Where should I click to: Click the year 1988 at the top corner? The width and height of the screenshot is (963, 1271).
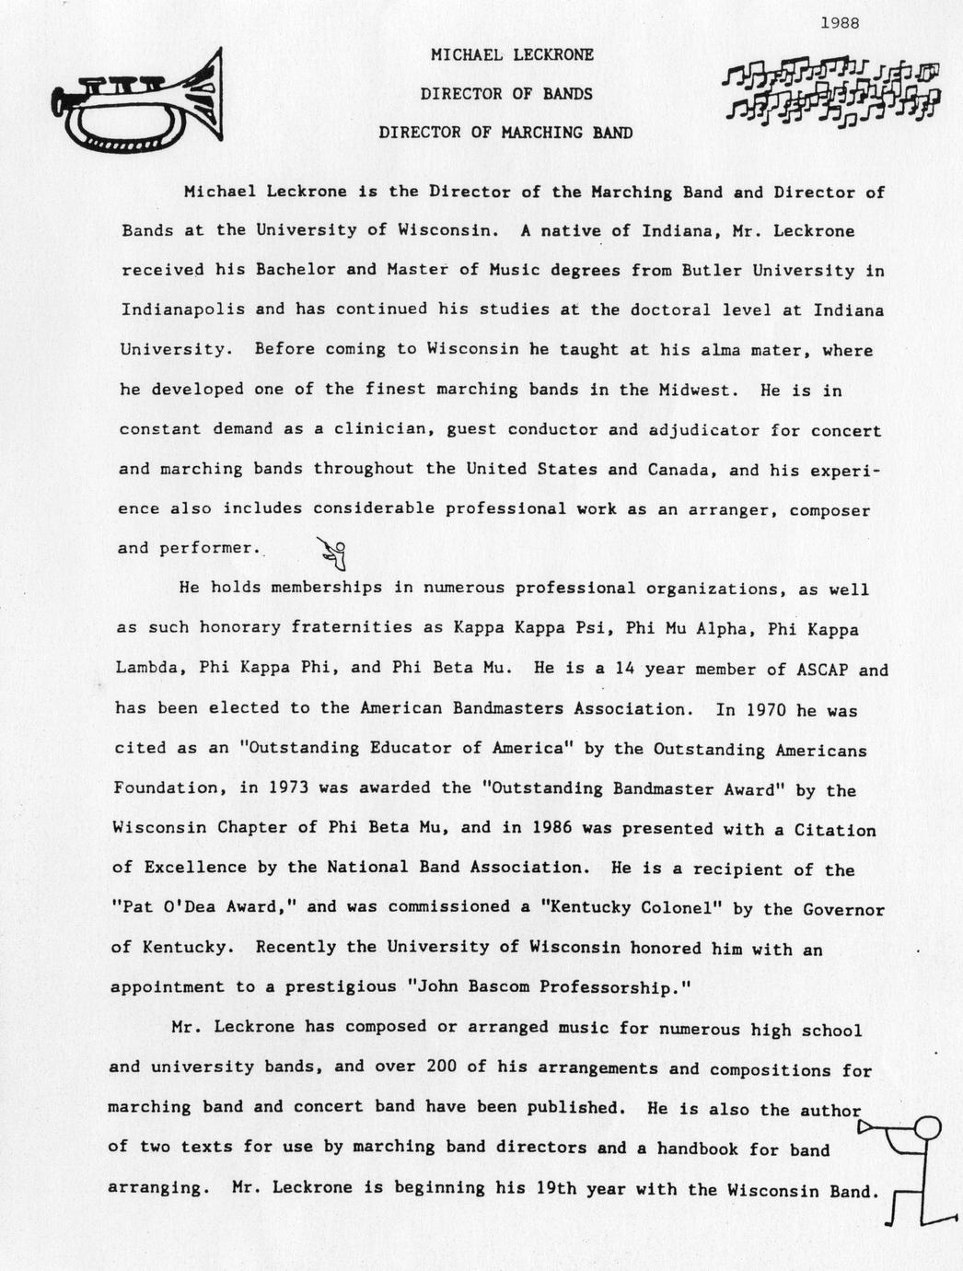pos(839,23)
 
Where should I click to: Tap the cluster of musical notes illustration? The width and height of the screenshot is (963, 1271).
pos(831,92)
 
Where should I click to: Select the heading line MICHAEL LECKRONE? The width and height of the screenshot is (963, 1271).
pos(512,55)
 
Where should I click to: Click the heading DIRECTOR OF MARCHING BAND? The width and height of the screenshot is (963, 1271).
pos(505,133)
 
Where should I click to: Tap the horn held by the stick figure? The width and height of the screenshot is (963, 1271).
pos(870,1126)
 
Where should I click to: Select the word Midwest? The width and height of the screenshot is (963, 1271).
pos(697,390)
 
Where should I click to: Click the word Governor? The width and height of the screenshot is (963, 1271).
pos(843,909)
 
